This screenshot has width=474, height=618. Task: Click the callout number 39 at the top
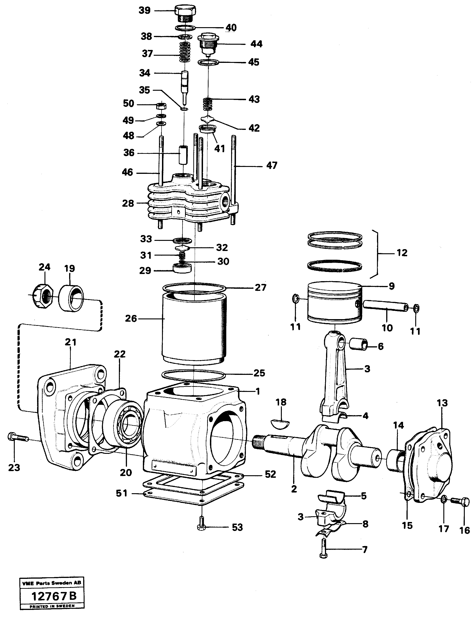pyautogui.click(x=144, y=11)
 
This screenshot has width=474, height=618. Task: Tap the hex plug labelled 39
pyautogui.click(x=185, y=13)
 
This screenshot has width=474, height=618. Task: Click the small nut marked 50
pyautogui.click(x=161, y=106)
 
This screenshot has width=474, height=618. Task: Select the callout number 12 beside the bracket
pyautogui.click(x=402, y=253)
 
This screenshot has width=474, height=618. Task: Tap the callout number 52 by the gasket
pyautogui.click(x=270, y=474)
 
